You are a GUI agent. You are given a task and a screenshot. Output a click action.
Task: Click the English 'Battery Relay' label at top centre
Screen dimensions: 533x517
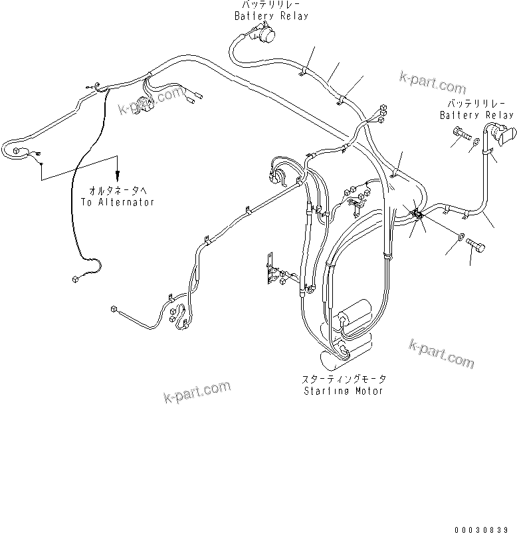271,16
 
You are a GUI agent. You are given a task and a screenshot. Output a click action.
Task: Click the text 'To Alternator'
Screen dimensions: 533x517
118,202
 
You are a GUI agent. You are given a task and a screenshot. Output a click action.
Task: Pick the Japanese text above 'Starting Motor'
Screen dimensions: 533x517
344,379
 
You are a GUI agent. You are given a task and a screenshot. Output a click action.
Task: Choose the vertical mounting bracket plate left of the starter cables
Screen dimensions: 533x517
269,268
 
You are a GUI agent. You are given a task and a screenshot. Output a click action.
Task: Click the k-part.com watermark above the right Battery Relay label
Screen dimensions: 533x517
433,84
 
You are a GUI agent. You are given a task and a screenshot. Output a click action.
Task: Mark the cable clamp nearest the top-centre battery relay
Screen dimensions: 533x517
305,68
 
